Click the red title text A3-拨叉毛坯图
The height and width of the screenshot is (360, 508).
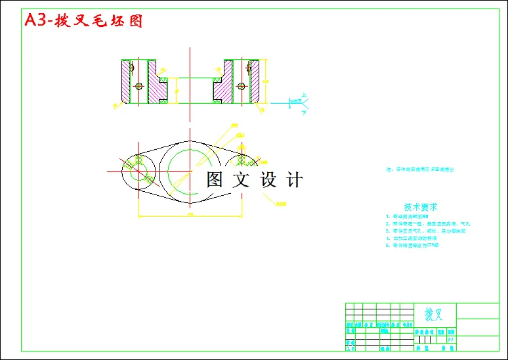click(83, 20)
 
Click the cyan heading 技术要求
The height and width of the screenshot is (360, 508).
click(420, 206)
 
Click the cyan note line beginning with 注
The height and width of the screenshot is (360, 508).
click(420, 169)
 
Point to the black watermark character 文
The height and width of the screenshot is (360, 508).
click(243, 179)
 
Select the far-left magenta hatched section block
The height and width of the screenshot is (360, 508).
click(125, 81)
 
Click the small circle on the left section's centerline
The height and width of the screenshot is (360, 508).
click(138, 86)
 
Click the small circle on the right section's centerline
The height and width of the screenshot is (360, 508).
click(243, 86)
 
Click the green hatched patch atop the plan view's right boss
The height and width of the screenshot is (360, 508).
click(241, 160)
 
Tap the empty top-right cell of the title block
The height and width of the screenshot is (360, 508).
click(477, 310)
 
